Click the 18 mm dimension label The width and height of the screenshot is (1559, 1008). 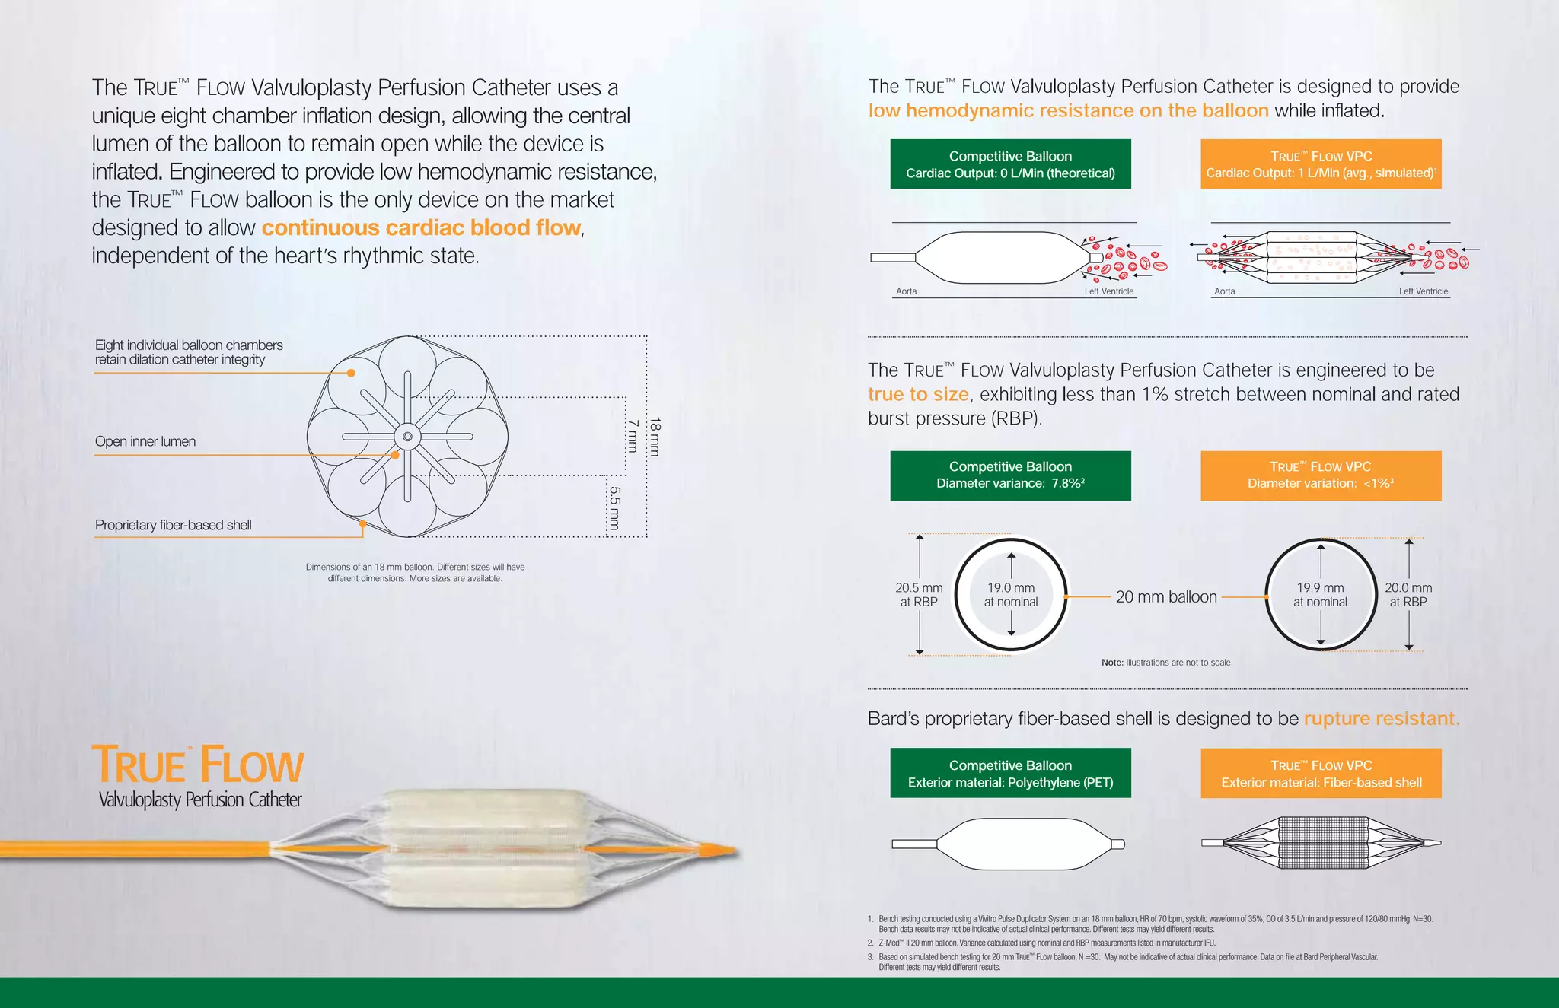(655, 437)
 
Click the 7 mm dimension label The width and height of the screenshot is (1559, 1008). (632, 436)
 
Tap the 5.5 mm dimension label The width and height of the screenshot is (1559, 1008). (614, 507)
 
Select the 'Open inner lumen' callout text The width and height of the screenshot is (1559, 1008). (145, 442)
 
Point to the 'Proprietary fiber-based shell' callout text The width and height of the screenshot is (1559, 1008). (173, 525)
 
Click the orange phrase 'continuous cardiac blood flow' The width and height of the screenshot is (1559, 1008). (421, 227)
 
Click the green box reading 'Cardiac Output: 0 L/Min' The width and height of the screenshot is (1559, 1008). (1010, 164)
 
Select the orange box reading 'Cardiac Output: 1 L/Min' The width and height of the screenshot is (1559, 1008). (1321, 164)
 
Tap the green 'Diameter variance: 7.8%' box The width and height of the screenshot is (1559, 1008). (1010, 475)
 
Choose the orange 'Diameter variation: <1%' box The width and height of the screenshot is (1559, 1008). (1321, 475)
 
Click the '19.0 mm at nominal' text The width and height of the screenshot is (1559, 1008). (1011, 595)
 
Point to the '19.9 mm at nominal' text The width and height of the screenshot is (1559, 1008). (1320, 595)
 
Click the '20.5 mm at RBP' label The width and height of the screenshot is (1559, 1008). (919, 595)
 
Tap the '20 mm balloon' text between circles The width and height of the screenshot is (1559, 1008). (1166, 597)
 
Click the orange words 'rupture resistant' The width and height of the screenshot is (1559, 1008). (1380, 719)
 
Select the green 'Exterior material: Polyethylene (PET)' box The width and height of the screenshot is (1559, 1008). (1010, 774)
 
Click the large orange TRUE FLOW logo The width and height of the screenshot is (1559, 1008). (198, 765)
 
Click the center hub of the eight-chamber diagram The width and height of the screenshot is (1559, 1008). (407, 437)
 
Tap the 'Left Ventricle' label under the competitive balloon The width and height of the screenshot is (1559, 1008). (1108, 291)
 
